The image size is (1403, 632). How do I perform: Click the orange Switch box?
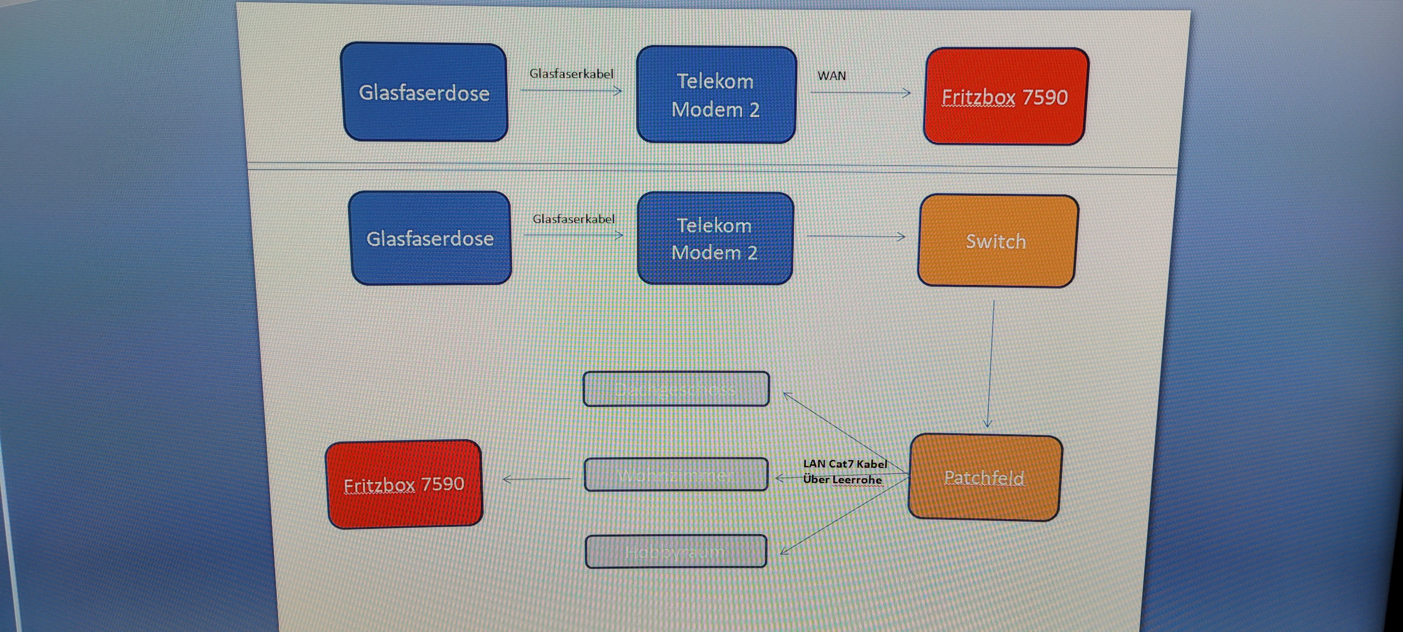pyautogui.click(x=997, y=241)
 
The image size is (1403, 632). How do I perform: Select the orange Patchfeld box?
pyautogui.click(x=985, y=477)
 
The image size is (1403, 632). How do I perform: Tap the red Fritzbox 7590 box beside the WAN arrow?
pyautogui.click(x=1005, y=96)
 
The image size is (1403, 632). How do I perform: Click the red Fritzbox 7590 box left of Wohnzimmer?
pyautogui.click(x=404, y=484)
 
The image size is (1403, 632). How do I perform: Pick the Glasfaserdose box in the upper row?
pyautogui.click(x=424, y=93)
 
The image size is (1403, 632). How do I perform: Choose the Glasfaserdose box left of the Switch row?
pyautogui.click(x=430, y=238)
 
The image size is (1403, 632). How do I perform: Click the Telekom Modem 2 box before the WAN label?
pyautogui.click(x=716, y=95)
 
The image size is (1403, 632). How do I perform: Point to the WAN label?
pyautogui.click(x=832, y=76)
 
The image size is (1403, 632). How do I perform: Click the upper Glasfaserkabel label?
pyautogui.click(x=571, y=73)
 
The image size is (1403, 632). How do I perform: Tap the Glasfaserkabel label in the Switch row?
pyautogui.click(x=573, y=219)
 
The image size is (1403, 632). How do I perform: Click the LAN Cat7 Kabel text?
pyautogui.click(x=845, y=464)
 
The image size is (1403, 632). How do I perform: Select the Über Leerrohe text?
pyautogui.click(x=842, y=480)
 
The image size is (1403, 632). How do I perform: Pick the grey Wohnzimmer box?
pyautogui.click(x=676, y=475)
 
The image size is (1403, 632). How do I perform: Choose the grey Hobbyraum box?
pyautogui.click(x=676, y=551)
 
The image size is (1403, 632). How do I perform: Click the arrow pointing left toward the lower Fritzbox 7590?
pyautogui.click(x=537, y=479)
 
